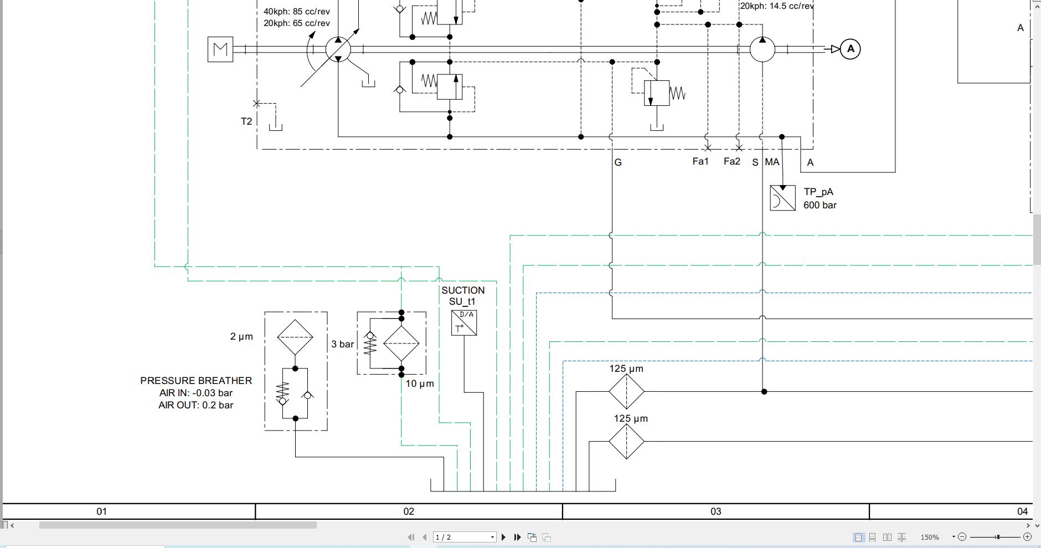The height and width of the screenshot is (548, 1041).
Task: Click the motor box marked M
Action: click(220, 49)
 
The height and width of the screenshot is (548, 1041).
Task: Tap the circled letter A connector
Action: click(850, 49)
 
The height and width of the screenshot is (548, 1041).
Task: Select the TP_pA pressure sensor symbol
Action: click(782, 198)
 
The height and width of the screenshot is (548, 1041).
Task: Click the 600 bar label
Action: click(820, 205)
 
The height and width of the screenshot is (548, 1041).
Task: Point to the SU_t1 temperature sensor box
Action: click(464, 323)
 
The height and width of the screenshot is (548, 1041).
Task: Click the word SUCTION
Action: click(463, 290)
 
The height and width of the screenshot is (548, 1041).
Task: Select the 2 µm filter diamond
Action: click(295, 337)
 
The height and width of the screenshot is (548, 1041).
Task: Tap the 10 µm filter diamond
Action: click(401, 344)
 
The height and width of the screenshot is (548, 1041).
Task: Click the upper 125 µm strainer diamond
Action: click(626, 392)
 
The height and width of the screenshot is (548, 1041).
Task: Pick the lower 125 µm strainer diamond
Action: click(626, 442)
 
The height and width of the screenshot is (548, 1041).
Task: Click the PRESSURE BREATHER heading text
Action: click(196, 381)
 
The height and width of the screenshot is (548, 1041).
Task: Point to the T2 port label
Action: click(246, 121)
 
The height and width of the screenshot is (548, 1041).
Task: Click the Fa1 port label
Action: click(700, 161)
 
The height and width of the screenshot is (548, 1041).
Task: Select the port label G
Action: click(618, 162)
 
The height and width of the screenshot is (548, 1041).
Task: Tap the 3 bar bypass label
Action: click(342, 344)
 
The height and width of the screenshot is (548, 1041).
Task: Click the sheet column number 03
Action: click(715, 511)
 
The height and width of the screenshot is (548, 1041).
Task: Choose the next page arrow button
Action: click(503, 537)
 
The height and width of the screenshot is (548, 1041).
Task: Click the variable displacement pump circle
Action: click(338, 49)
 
